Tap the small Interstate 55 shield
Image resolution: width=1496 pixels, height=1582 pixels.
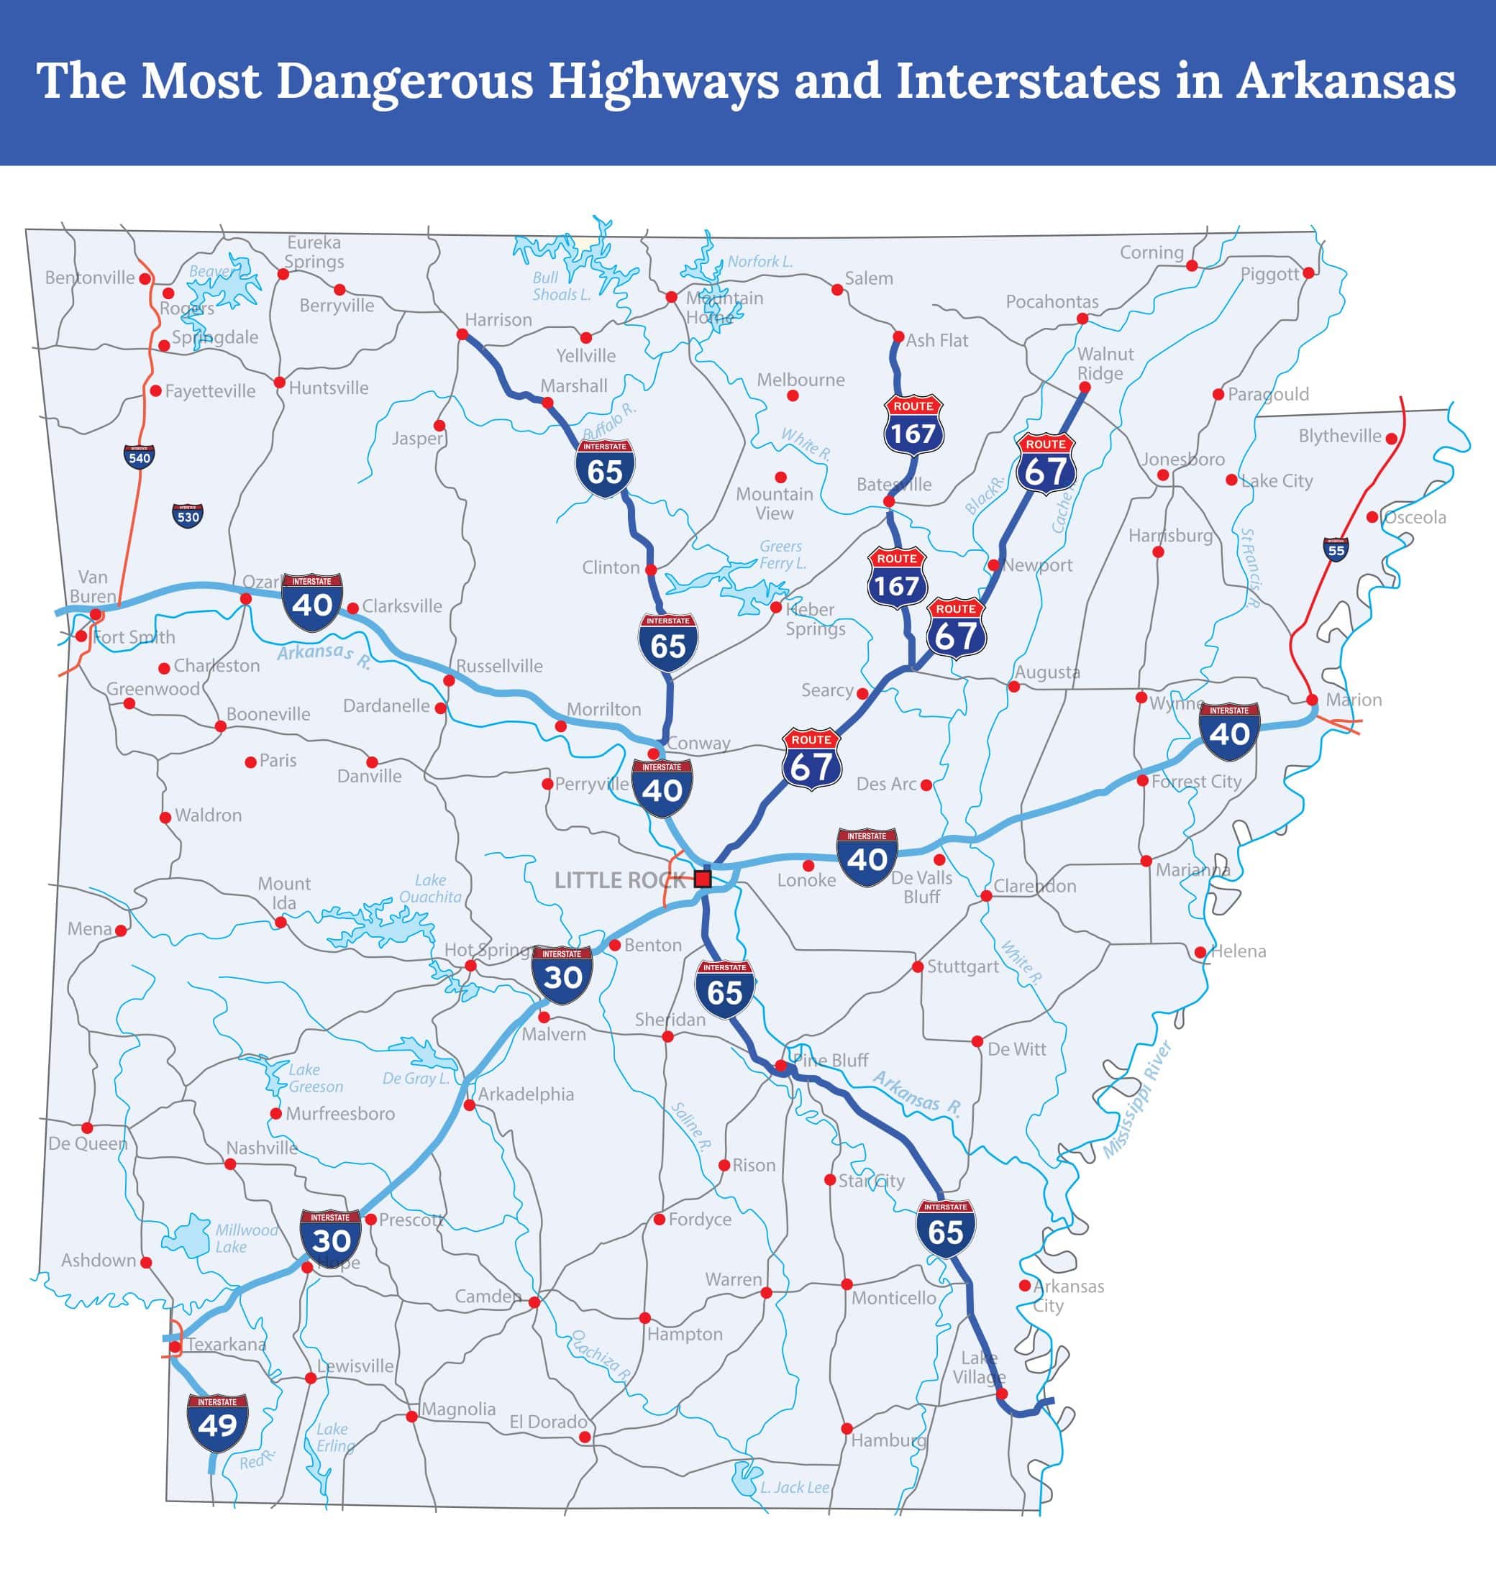pyautogui.click(x=1336, y=549)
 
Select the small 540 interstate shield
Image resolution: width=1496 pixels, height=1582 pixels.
pyautogui.click(x=140, y=457)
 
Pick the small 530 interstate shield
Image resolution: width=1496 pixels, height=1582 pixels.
pyautogui.click(x=188, y=516)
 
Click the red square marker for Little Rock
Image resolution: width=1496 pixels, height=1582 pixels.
pyautogui.click(x=703, y=879)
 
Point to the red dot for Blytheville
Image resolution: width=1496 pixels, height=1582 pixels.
pyautogui.click(x=1392, y=439)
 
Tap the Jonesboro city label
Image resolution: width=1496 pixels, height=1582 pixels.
pyautogui.click(x=1182, y=459)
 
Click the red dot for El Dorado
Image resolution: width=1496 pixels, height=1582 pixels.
pyautogui.click(x=585, y=1437)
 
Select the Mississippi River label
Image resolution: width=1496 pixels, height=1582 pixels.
pyautogui.click(x=1137, y=1099)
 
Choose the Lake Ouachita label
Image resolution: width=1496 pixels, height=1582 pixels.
pyautogui.click(x=431, y=888)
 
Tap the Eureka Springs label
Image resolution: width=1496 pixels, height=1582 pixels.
pyautogui.click(x=314, y=252)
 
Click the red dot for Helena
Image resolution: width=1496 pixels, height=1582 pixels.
pyautogui.click(x=1200, y=952)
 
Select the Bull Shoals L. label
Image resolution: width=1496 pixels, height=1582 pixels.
pyautogui.click(x=560, y=286)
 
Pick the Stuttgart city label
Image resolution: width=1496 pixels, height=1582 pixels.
pyautogui.click(x=962, y=966)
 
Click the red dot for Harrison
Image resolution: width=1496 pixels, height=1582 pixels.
pyautogui.click(x=462, y=334)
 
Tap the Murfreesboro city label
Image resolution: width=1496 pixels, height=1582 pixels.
pyautogui.click(x=339, y=1113)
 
